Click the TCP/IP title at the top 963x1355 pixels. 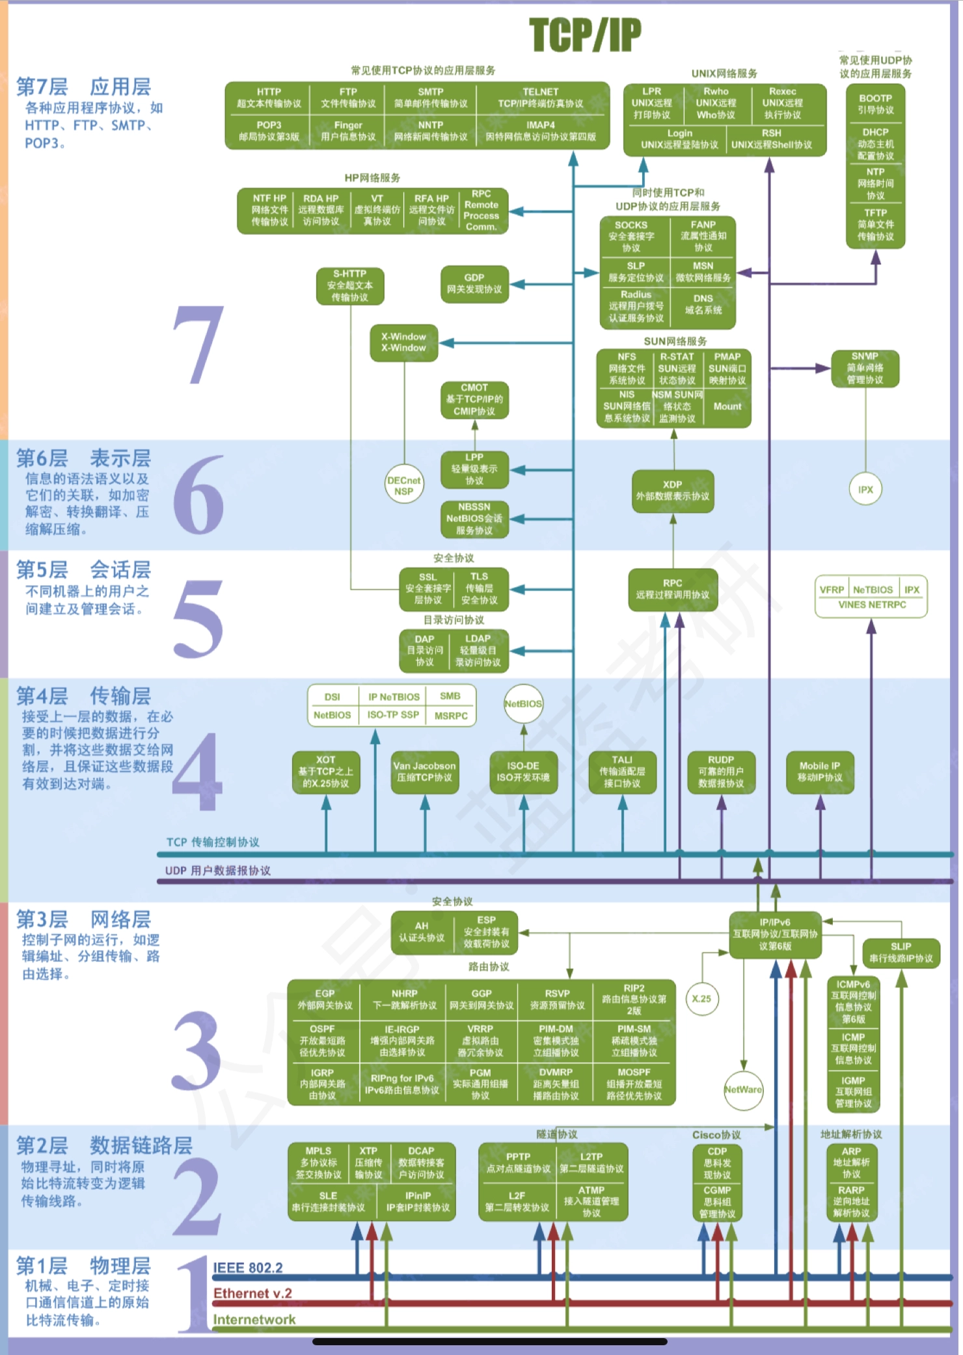[584, 35]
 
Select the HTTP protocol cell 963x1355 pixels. [269, 98]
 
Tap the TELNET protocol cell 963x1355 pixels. [540, 98]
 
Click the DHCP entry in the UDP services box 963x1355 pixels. [875, 144]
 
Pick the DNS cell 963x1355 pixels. [703, 304]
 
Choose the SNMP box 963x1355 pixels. [865, 368]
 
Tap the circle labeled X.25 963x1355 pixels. [701, 998]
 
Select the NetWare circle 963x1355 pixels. [742, 1089]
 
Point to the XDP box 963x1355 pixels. [672, 491]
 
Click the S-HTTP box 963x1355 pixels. [349, 286]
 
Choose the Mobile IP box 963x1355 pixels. [819, 772]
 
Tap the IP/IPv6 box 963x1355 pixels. [774, 934]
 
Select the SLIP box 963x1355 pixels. [901, 952]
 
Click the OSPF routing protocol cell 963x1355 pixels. [323, 1040]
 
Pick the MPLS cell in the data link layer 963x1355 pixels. [318, 1163]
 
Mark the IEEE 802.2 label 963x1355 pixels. [248, 1268]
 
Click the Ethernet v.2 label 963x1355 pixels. [252, 1293]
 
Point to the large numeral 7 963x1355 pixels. [198, 345]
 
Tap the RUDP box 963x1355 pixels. [721, 772]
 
